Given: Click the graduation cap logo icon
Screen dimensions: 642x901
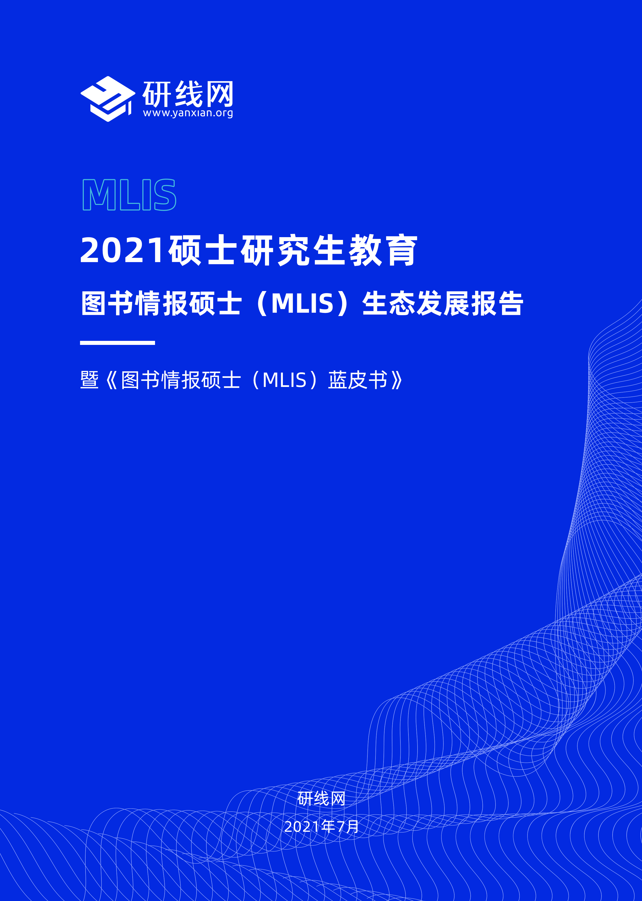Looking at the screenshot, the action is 107,99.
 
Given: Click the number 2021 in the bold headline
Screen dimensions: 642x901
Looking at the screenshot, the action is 122,250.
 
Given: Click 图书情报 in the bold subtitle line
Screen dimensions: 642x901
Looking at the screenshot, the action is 135,304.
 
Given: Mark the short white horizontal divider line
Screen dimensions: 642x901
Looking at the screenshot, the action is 118,343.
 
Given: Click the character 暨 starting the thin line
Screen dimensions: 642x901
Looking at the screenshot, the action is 89,380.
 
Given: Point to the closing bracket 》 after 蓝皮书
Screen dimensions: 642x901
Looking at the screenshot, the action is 397,380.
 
